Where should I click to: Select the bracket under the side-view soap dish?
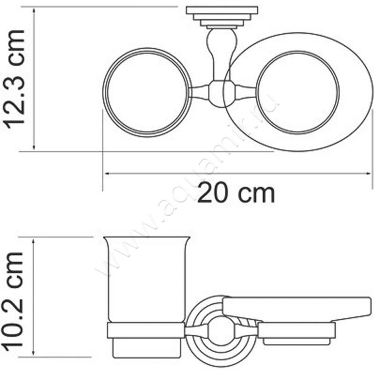coord(296,333)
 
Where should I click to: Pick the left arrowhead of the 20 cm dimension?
coord(106,174)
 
